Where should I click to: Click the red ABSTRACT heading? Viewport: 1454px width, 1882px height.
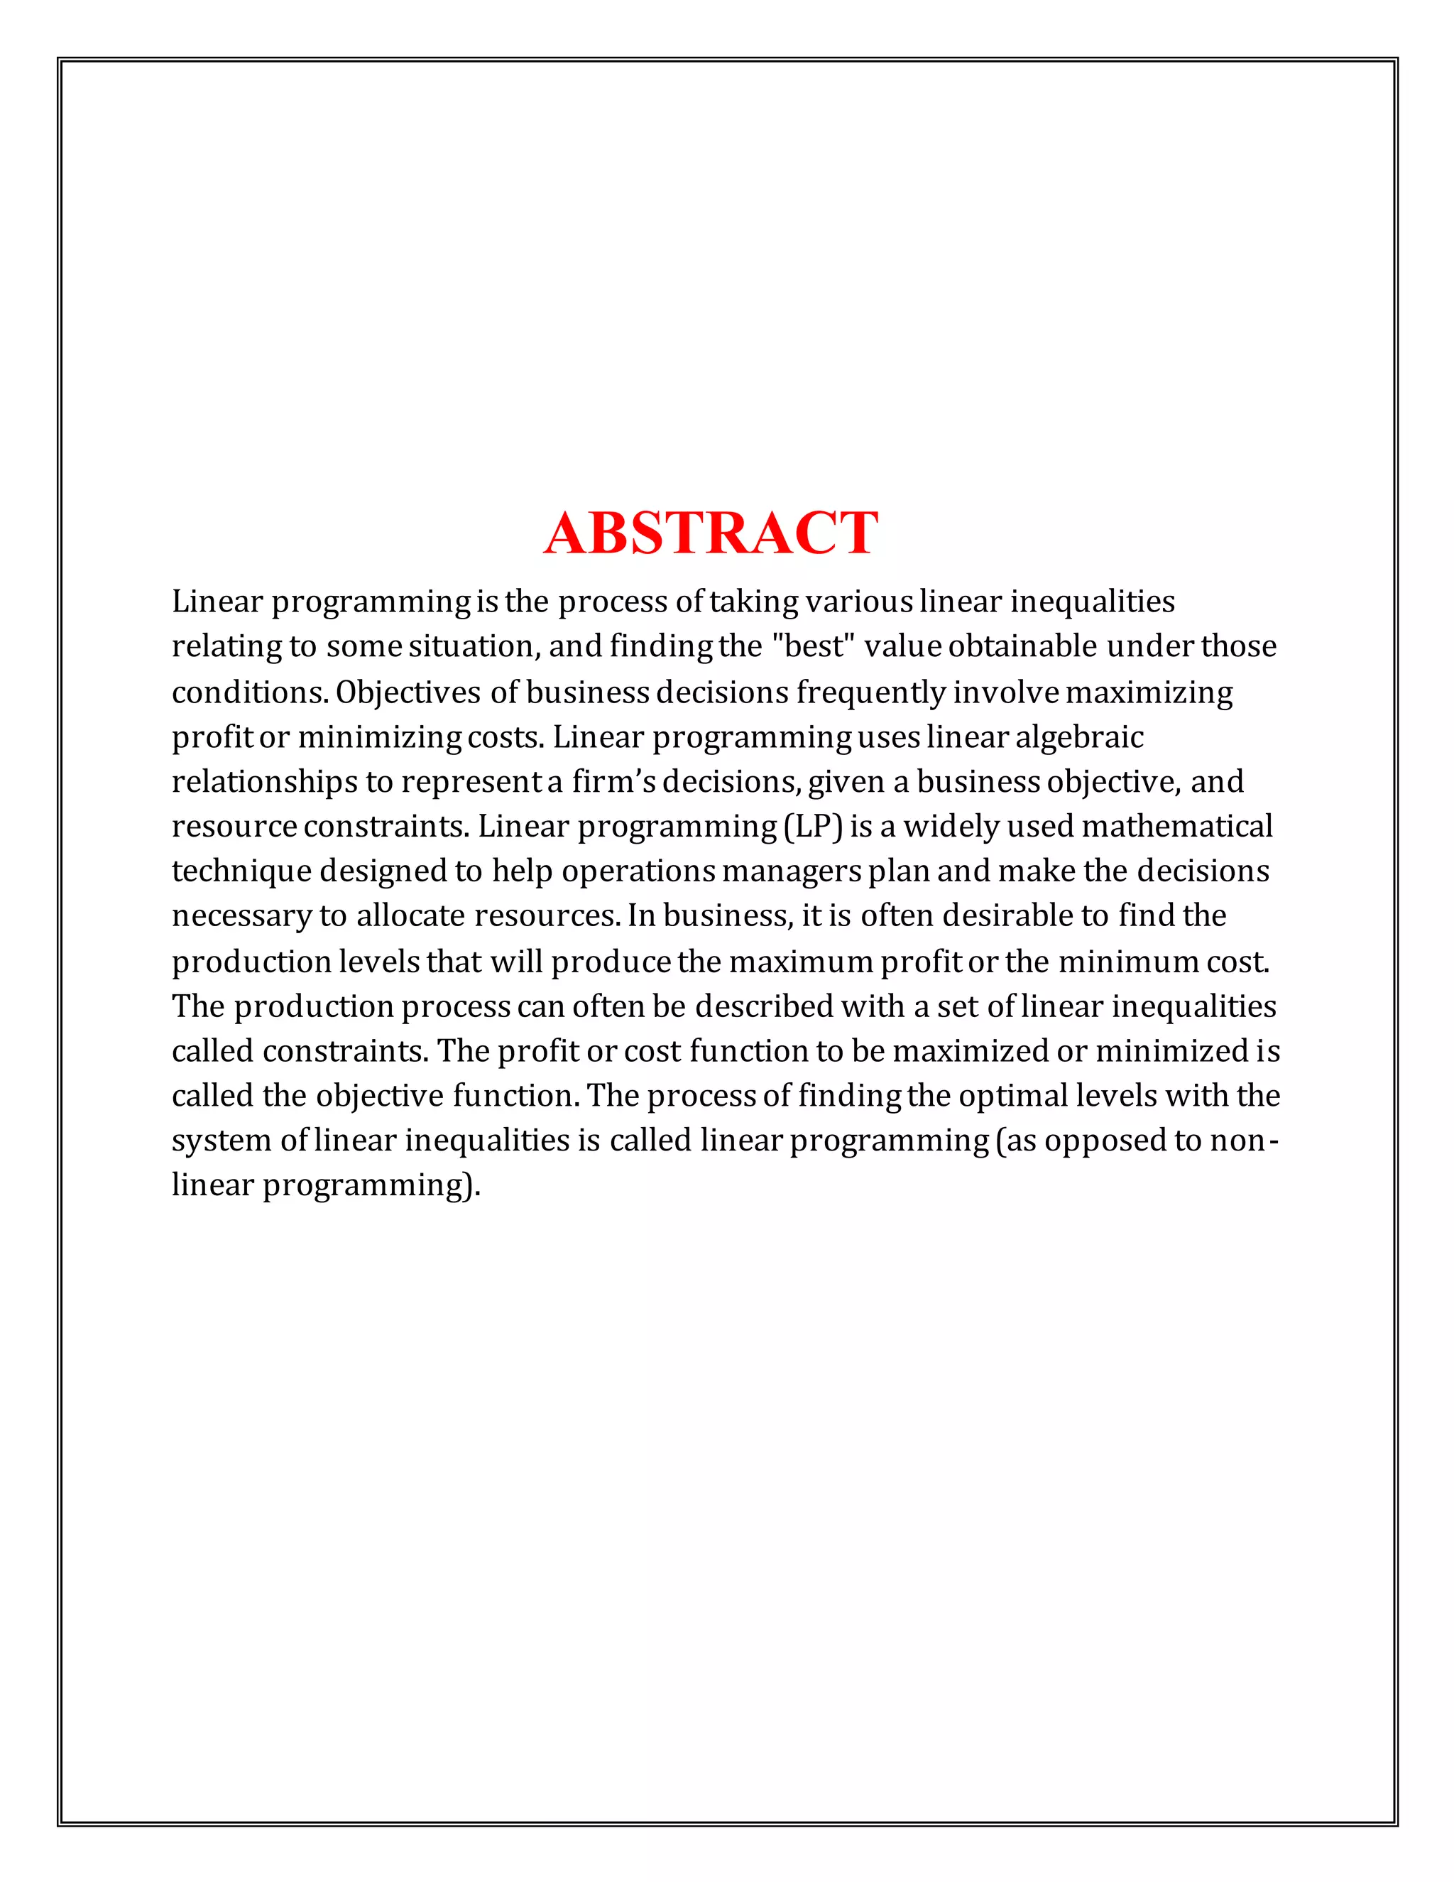711,533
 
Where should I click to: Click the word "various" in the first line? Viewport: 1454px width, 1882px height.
858,601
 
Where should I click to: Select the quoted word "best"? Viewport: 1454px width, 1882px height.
812,646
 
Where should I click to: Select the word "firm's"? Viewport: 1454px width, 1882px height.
613,782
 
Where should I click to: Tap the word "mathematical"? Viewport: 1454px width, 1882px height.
1176,827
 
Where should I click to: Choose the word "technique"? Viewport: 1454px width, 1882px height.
241,871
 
